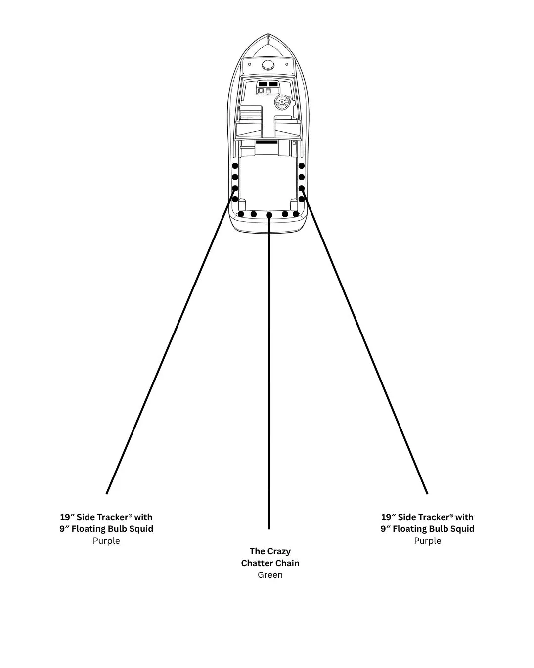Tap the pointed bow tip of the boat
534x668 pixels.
pyautogui.click(x=268, y=34)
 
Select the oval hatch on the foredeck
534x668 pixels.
pyautogui.click(x=268, y=65)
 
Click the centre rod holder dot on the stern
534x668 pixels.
pyautogui.click(x=269, y=215)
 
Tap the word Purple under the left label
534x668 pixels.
pyautogui.click(x=106, y=541)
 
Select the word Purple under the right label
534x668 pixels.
pyautogui.click(x=427, y=541)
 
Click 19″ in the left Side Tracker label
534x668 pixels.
pyautogui.click(x=67, y=517)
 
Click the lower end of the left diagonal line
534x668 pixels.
pyautogui.click(x=107, y=493)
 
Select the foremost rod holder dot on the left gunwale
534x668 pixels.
pyautogui.click(x=235, y=166)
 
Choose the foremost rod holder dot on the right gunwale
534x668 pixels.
pyautogui.click(x=301, y=166)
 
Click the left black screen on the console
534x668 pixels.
pyautogui.click(x=263, y=84)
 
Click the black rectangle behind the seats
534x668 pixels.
pyautogui.click(x=267, y=142)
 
